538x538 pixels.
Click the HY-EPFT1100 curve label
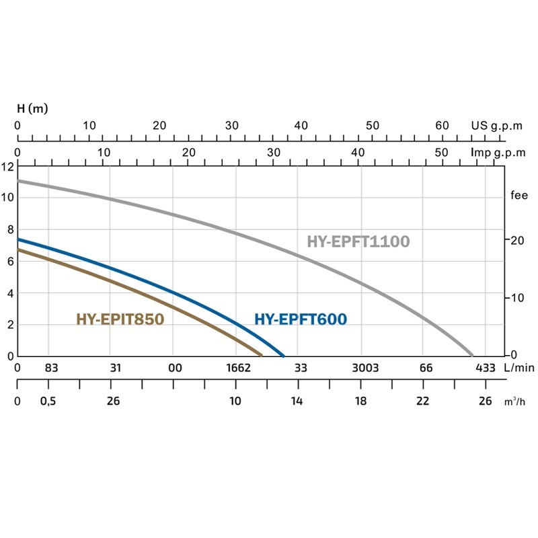click(358, 241)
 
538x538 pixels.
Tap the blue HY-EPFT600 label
click(301, 319)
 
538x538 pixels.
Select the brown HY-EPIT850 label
click(120, 319)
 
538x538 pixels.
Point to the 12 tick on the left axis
click(7, 166)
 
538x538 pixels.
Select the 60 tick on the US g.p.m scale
click(442, 126)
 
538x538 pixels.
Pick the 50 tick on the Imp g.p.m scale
click(442, 153)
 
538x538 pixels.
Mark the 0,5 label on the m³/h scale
click(48, 401)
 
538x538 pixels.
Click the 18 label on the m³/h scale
click(361, 401)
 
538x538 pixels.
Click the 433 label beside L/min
click(485, 368)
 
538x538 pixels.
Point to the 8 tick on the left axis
click(9, 229)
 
